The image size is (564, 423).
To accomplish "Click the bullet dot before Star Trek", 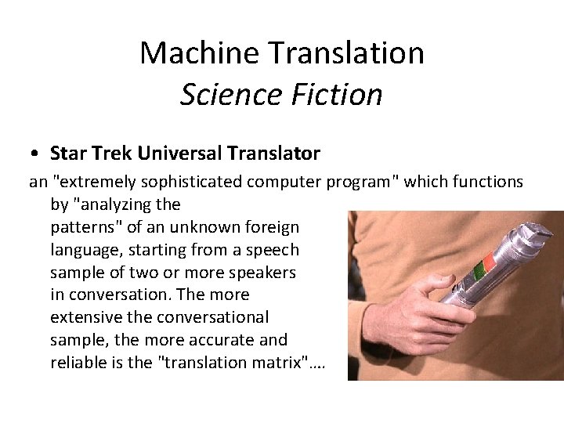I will (x=37, y=152).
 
